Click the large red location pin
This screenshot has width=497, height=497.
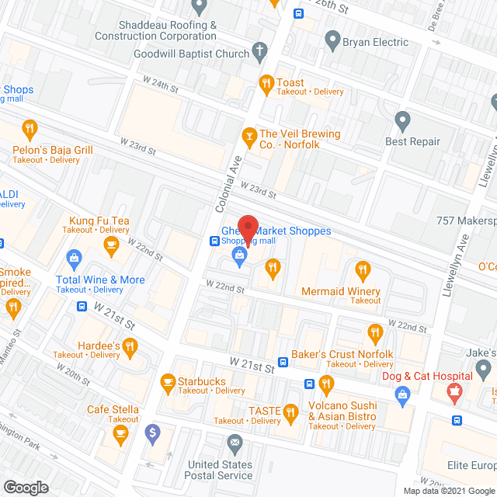pos(247,228)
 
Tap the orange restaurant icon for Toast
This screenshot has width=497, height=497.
pos(266,83)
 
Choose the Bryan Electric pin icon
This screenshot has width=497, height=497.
pos(332,38)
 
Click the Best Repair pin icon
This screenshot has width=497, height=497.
pos(402,120)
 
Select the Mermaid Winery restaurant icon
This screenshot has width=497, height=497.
pos(362,270)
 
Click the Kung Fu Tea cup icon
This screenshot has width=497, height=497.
pos(109,246)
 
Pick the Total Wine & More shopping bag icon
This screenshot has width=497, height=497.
pos(75,257)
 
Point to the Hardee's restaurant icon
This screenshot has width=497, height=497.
pos(130,346)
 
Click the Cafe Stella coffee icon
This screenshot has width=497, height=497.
pos(120,436)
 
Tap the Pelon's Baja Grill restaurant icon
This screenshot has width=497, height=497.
pos(30,128)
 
